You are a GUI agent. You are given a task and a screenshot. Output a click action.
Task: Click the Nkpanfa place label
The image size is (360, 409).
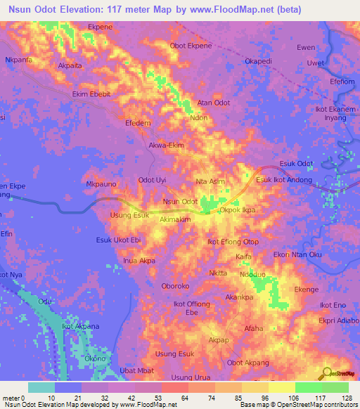tap(18, 60)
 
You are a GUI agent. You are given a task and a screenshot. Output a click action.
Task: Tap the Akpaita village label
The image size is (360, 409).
tap(70, 65)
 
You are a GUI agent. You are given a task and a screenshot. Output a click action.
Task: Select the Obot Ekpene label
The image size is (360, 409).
tap(191, 46)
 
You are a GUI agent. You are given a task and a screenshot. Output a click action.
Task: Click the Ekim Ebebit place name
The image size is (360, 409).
tap(91, 93)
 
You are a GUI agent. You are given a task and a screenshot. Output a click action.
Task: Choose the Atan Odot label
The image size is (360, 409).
tap(214, 103)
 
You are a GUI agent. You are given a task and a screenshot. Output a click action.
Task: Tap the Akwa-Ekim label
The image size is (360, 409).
tap(167, 145)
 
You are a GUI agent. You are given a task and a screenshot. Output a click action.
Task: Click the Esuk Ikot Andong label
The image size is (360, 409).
tap(283, 181)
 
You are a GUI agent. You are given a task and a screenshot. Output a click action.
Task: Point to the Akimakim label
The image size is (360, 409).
tap(175, 219)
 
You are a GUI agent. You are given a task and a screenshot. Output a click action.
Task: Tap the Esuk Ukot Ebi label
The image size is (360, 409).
tap(119, 240)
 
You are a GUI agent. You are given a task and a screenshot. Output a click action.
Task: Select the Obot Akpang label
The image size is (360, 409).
tap(247, 363)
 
